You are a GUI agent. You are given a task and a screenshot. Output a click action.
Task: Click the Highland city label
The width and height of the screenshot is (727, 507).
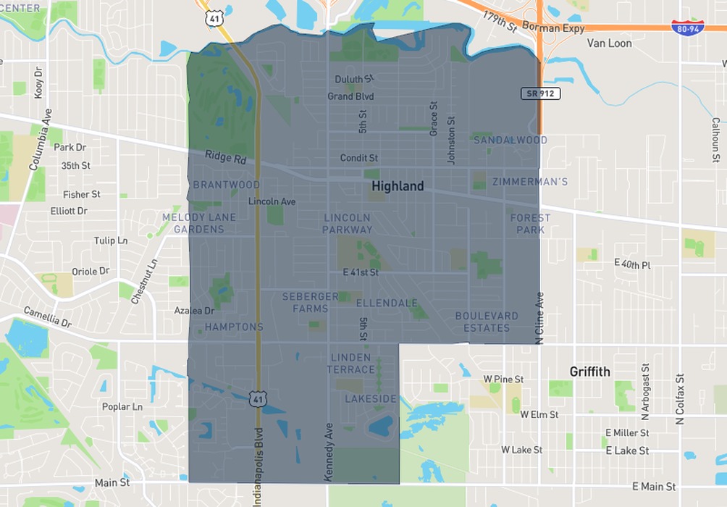[x=398, y=186]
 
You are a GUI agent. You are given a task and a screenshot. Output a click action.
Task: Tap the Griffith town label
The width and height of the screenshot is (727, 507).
[x=589, y=372]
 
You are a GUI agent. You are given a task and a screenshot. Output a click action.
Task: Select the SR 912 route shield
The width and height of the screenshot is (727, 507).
[x=540, y=93]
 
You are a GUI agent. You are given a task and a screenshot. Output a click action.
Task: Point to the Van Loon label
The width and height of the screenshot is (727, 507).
[x=609, y=43]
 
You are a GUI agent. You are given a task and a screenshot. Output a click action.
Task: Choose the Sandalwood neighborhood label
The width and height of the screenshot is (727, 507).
[x=510, y=140]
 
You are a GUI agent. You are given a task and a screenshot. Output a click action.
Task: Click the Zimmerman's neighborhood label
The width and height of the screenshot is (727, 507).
[x=529, y=182]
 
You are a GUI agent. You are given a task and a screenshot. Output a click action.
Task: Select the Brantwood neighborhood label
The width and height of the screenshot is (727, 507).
[x=226, y=185]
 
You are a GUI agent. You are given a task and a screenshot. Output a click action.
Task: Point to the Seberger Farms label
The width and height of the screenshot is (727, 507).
[x=310, y=302]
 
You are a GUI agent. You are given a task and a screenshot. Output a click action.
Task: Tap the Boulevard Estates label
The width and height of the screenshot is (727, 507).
[x=487, y=322]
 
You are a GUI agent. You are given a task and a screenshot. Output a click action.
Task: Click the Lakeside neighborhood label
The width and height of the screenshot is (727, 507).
[x=371, y=399]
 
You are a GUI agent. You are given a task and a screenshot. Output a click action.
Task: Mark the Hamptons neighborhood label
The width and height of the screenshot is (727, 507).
[x=234, y=327]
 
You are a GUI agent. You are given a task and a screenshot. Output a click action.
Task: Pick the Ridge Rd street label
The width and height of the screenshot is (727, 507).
[x=225, y=156]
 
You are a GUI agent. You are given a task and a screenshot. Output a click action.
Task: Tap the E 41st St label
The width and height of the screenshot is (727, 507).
[x=361, y=272]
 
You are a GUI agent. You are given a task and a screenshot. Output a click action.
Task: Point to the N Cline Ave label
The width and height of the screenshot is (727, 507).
[x=539, y=317]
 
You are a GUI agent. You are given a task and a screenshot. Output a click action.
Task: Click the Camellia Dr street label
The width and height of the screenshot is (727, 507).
[x=47, y=317]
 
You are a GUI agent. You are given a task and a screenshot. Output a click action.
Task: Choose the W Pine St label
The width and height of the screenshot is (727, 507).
[x=503, y=379]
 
